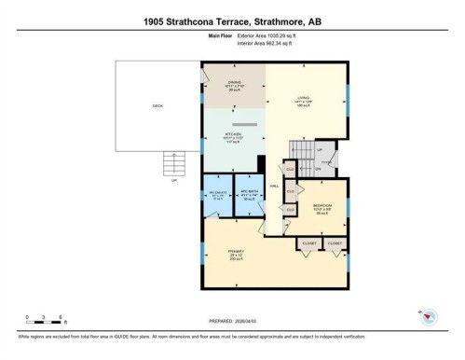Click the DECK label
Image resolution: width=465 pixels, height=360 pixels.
pyautogui.click(x=157, y=105)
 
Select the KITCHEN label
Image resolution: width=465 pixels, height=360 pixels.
pyautogui.click(x=234, y=135)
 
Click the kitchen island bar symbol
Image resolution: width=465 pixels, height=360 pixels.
pyautogui.click(x=245, y=123)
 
